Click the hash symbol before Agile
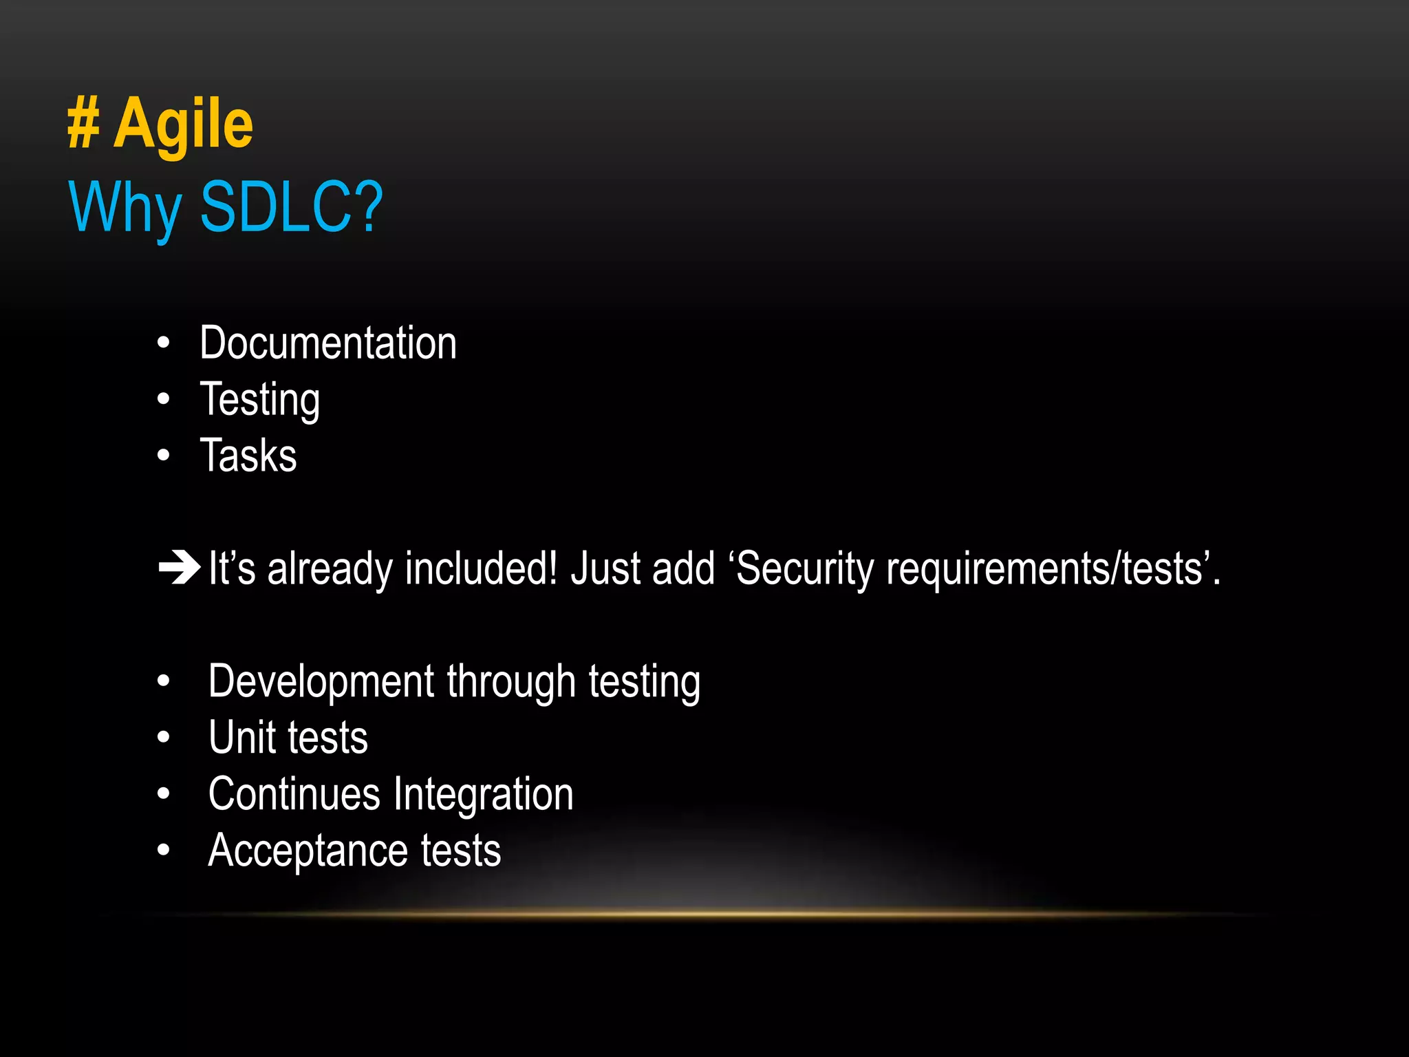(83, 124)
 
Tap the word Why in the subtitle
(125, 208)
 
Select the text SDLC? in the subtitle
(291, 206)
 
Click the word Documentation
(328, 343)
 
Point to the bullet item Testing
(259, 400)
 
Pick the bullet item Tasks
(248, 456)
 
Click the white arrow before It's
(179, 568)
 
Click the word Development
(321, 682)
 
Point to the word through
(511, 682)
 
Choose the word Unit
(242, 738)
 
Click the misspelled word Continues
(294, 794)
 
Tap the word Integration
(483, 794)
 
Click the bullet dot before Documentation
(163, 343)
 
